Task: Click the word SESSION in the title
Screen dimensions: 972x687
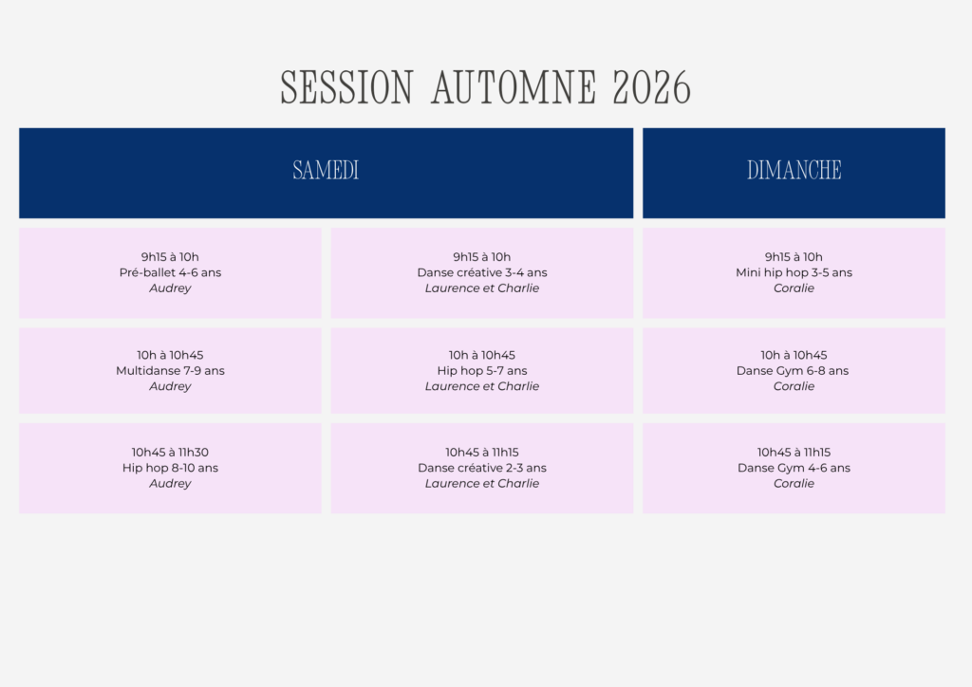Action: click(x=346, y=87)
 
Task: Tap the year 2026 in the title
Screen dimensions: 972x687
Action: click(x=651, y=87)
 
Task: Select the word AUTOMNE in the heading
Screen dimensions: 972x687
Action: click(x=514, y=87)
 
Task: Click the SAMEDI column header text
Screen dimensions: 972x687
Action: click(x=326, y=171)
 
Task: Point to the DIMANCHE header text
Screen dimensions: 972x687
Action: click(x=794, y=171)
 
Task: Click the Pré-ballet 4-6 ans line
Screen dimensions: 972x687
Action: click(x=170, y=272)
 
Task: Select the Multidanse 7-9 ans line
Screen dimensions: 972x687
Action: click(x=170, y=370)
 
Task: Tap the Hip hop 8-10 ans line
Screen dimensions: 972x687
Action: click(x=170, y=468)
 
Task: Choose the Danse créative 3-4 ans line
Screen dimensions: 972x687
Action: click(x=482, y=272)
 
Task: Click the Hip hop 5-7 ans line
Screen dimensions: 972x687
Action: click(x=482, y=370)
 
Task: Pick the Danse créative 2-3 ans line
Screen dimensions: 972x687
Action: click(x=482, y=468)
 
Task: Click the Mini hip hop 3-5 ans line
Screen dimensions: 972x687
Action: click(x=794, y=272)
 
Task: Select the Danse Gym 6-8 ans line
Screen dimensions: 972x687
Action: click(x=793, y=370)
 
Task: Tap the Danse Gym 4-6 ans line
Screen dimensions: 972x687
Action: click(x=794, y=468)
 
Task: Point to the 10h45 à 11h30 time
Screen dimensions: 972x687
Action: click(x=170, y=453)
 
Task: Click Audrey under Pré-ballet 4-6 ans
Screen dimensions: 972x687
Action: click(x=170, y=288)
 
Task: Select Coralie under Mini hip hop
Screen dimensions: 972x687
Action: click(x=794, y=288)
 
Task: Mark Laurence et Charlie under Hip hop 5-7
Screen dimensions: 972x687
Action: click(x=482, y=386)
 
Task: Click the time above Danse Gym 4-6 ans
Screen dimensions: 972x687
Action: click(x=794, y=453)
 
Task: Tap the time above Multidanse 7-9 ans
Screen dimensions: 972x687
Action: click(x=170, y=355)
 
